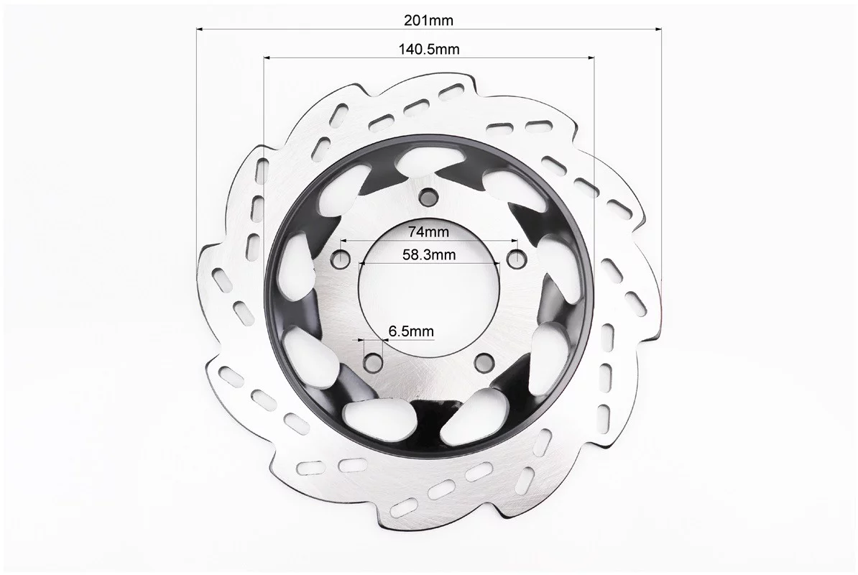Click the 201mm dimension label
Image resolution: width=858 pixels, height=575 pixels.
[x=428, y=20]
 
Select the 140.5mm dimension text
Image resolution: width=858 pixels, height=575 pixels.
[x=429, y=50]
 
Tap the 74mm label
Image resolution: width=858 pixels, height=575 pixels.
[x=429, y=232]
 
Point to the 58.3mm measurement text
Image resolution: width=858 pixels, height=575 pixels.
[x=429, y=254]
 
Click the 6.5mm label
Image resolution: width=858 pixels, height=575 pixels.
[x=411, y=331]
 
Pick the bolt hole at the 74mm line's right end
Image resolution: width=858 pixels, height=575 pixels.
[x=515, y=257]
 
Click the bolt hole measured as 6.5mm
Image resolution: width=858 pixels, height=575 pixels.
[x=374, y=361]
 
